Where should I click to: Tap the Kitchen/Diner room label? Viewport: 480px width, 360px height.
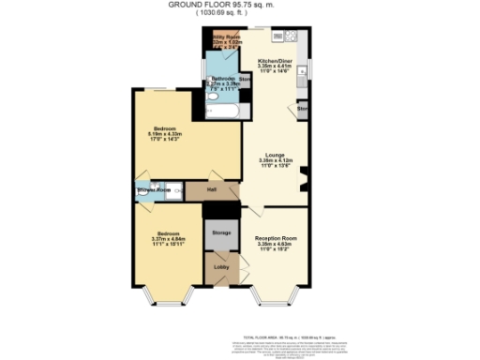point(275,61)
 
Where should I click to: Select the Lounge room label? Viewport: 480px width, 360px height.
point(275,154)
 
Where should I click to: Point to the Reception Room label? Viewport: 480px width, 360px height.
point(276,239)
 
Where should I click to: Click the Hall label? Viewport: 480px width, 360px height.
point(213,190)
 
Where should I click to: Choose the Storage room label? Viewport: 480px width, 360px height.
point(221,232)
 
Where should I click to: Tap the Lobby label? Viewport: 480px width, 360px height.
point(221,267)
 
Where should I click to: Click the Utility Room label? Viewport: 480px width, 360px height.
point(226,37)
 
